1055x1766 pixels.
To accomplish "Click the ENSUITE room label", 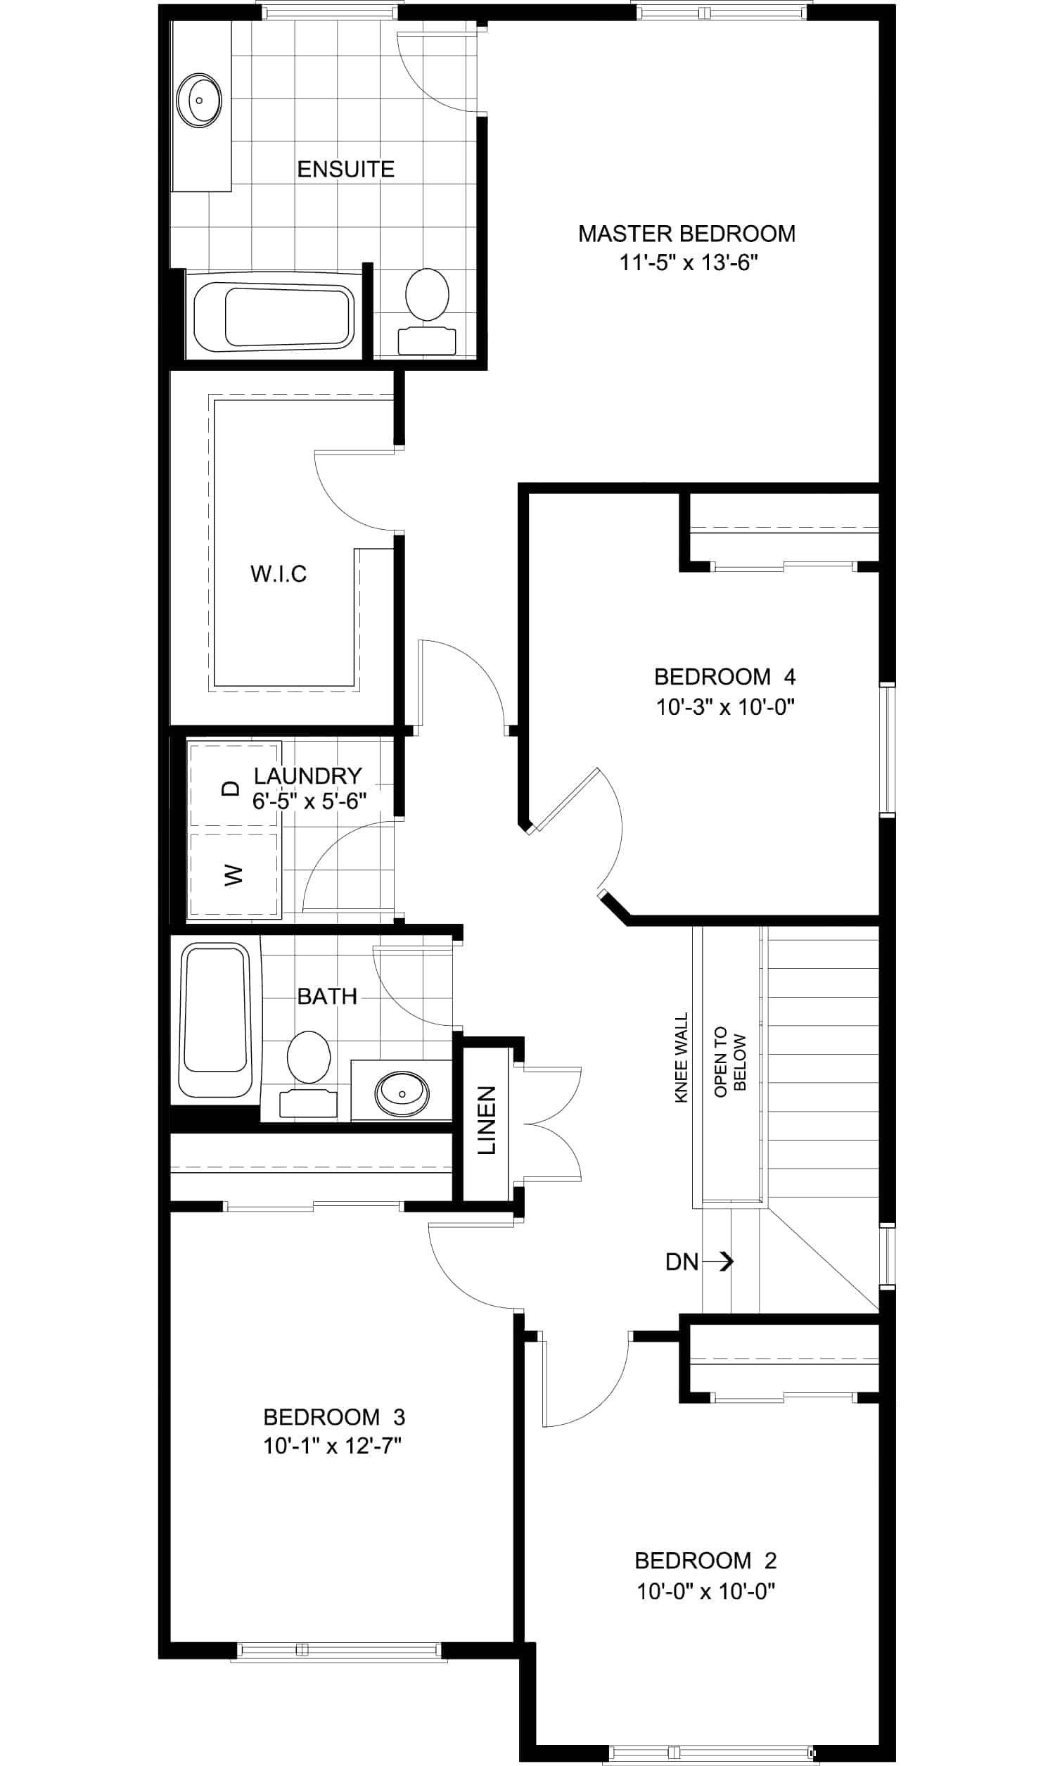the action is tap(345, 169).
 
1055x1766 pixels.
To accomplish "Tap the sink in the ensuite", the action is tap(199, 100).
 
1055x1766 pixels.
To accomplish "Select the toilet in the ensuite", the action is tap(427, 312).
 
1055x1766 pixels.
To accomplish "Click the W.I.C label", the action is tap(279, 573).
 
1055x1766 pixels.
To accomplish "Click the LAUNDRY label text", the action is tap(308, 775).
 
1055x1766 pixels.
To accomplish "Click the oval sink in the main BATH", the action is tap(402, 1092).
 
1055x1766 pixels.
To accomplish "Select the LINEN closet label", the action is tap(486, 1119).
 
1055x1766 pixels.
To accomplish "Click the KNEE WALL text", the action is tap(681, 1057).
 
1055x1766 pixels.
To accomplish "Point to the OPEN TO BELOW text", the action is tap(730, 1062).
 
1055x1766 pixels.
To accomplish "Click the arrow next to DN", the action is tap(718, 1262).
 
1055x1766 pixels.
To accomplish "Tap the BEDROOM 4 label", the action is tap(724, 676).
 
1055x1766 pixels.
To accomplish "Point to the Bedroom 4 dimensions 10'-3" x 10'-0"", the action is tap(724, 707).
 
